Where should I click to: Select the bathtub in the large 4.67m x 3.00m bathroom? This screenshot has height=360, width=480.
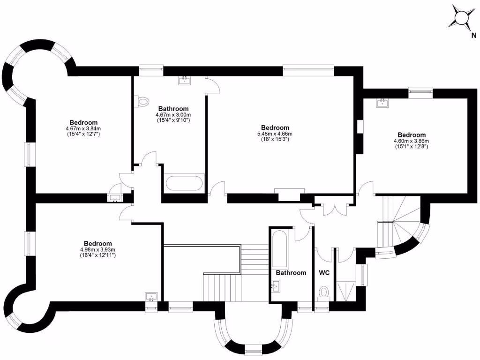(x=184, y=183)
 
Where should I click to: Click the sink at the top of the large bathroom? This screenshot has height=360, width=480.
(x=185, y=81)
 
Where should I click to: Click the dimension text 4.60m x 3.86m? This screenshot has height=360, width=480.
(x=411, y=141)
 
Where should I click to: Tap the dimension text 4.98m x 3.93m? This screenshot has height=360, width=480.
(x=97, y=250)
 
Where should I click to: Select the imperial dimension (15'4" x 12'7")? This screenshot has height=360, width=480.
(x=84, y=134)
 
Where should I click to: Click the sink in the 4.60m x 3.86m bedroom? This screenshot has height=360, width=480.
(x=383, y=103)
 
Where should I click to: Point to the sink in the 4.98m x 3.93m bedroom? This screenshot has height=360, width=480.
(x=151, y=297)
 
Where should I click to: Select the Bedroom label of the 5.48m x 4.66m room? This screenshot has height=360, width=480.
(x=275, y=127)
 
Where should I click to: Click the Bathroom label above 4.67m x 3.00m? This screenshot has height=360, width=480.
(x=173, y=108)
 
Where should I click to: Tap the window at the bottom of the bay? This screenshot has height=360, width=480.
(x=253, y=349)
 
